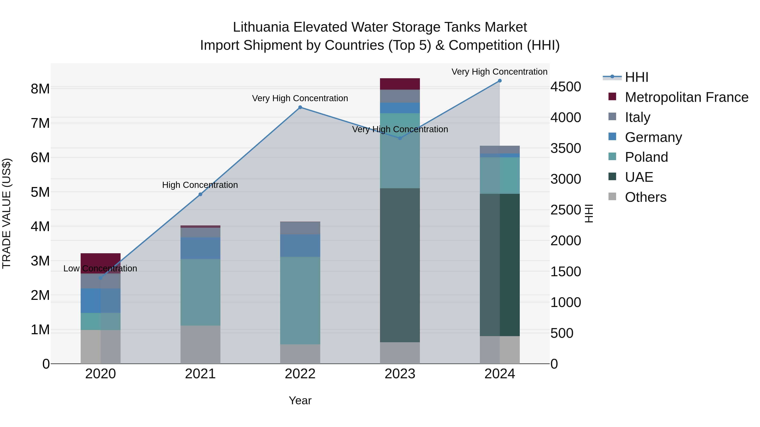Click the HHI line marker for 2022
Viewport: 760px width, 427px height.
point(300,107)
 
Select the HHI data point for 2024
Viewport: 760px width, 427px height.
point(499,81)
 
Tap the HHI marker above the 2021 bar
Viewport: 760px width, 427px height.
point(200,194)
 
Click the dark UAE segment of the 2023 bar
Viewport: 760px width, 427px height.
point(400,265)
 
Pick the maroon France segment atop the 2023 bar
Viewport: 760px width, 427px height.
point(400,84)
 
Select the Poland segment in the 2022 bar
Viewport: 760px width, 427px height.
point(300,300)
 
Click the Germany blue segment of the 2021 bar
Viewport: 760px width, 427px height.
point(200,248)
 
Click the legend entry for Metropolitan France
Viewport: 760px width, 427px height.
point(687,97)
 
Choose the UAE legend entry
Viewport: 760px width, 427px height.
point(639,177)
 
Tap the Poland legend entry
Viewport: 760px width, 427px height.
point(646,157)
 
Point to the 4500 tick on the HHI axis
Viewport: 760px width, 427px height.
point(566,87)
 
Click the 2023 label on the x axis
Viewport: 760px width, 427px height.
point(400,374)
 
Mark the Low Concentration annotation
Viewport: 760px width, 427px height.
point(100,268)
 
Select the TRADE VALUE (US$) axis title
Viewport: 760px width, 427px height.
point(7,213)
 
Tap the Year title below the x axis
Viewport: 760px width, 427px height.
point(300,400)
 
